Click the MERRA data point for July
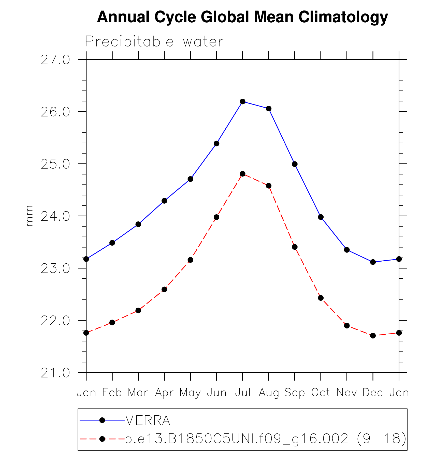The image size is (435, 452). (x=242, y=101)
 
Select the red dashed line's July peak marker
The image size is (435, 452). (x=242, y=174)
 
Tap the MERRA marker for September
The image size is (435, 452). (x=295, y=164)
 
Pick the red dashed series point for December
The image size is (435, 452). (x=373, y=336)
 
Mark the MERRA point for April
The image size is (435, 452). (x=164, y=201)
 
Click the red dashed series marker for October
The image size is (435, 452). (x=321, y=298)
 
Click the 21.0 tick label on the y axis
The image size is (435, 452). (x=55, y=373)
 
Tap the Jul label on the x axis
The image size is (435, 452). (x=243, y=393)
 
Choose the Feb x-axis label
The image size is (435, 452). (x=112, y=393)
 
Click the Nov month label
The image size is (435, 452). (x=347, y=393)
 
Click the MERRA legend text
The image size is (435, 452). (x=148, y=420)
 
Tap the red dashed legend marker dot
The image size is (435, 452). (x=102, y=439)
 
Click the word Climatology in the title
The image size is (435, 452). (x=343, y=17)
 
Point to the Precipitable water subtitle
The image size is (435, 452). (x=154, y=41)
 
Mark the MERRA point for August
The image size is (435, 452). (x=269, y=109)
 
